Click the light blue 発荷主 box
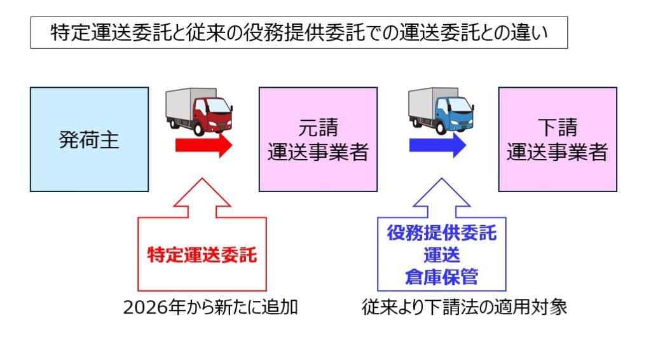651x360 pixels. click(89, 139)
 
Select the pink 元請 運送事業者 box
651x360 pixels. click(318, 139)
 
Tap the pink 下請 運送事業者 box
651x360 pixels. click(557, 139)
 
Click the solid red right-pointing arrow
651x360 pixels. click(203, 145)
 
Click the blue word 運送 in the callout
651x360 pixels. click(442, 255)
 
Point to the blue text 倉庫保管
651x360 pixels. click(442, 277)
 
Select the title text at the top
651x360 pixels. click(299, 33)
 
